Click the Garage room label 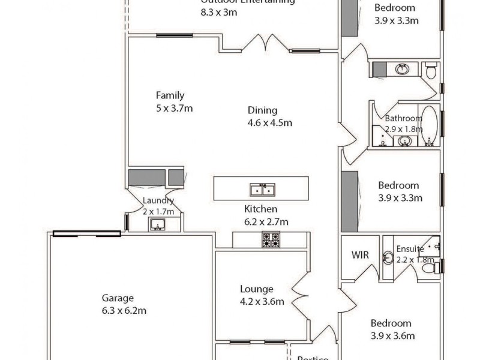coord(117,298)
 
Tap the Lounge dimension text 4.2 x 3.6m coord(261,302)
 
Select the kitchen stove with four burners coord(270,239)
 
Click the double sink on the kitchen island coord(262,190)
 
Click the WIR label coord(359,254)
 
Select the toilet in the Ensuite coord(429,268)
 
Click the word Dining coord(262,110)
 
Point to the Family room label coord(170,95)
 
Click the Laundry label coord(158,201)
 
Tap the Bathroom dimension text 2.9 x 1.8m coord(403,129)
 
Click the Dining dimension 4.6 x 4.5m coord(269,124)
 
